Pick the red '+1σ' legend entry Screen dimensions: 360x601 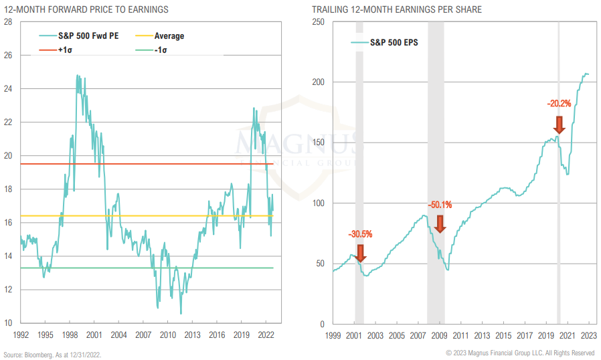65,49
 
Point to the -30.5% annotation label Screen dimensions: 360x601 360,234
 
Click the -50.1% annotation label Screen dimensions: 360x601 440,205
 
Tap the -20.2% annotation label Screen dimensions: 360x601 559,104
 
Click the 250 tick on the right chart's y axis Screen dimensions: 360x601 319,22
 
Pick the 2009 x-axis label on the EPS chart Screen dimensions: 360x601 440,335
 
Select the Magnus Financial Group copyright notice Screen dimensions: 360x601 520,353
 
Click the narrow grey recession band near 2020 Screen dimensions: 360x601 559,201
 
